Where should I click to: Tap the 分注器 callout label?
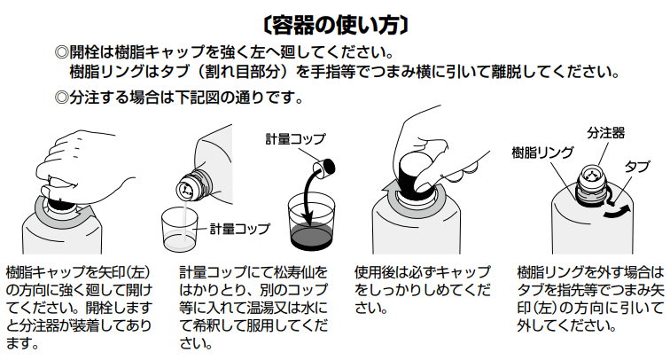[606, 133]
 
